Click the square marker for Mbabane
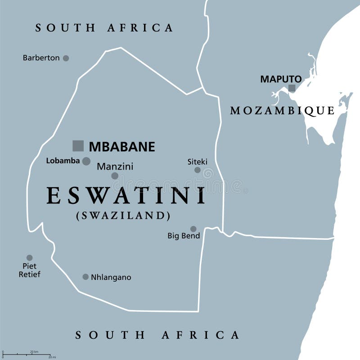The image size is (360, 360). click(78, 146)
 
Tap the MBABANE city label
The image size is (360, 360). click(121, 147)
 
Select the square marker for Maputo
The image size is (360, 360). click(292, 88)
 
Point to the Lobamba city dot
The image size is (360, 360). click(86, 161)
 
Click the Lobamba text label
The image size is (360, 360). click(63, 161)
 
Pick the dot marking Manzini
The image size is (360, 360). click(115, 176)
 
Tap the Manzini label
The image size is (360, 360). click(115, 166)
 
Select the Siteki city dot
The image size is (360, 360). click(197, 170)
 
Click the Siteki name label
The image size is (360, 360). click(197, 161)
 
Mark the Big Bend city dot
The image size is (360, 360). click(193, 229)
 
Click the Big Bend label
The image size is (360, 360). click(184, 236)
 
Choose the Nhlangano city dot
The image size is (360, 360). click(85, 277)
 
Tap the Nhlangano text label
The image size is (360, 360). click(111, 278)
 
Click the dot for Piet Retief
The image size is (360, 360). click(29, 258)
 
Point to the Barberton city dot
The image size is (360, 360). click(66, 58)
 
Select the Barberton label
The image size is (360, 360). click(41, 58)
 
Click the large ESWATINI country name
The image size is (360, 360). click(126, 196)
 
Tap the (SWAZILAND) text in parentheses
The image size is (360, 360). click(123, 216)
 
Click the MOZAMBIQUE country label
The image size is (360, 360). click(282, 111)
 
